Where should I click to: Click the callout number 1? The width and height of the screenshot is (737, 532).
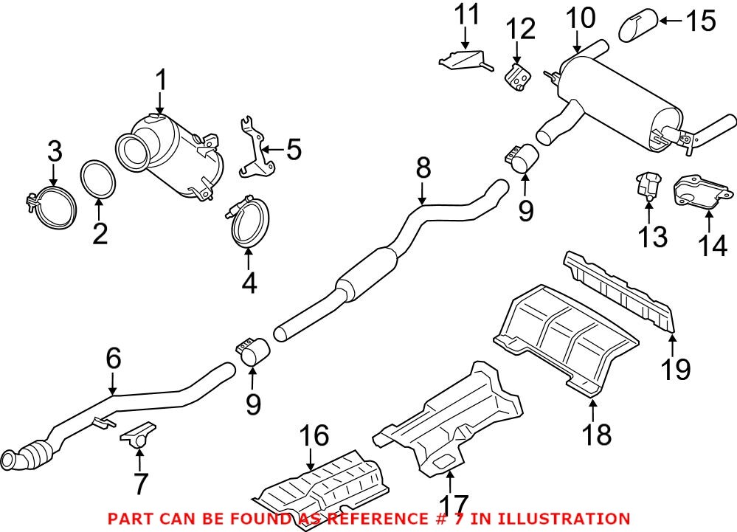(x=161, y=80)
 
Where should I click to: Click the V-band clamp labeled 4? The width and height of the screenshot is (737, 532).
(x=247, y=221)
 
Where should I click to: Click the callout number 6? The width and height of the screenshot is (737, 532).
(x=112, y=359)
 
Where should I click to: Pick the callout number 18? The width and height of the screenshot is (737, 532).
(x=595, y=435)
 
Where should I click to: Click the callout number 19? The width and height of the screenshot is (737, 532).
(x=675, y=368)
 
